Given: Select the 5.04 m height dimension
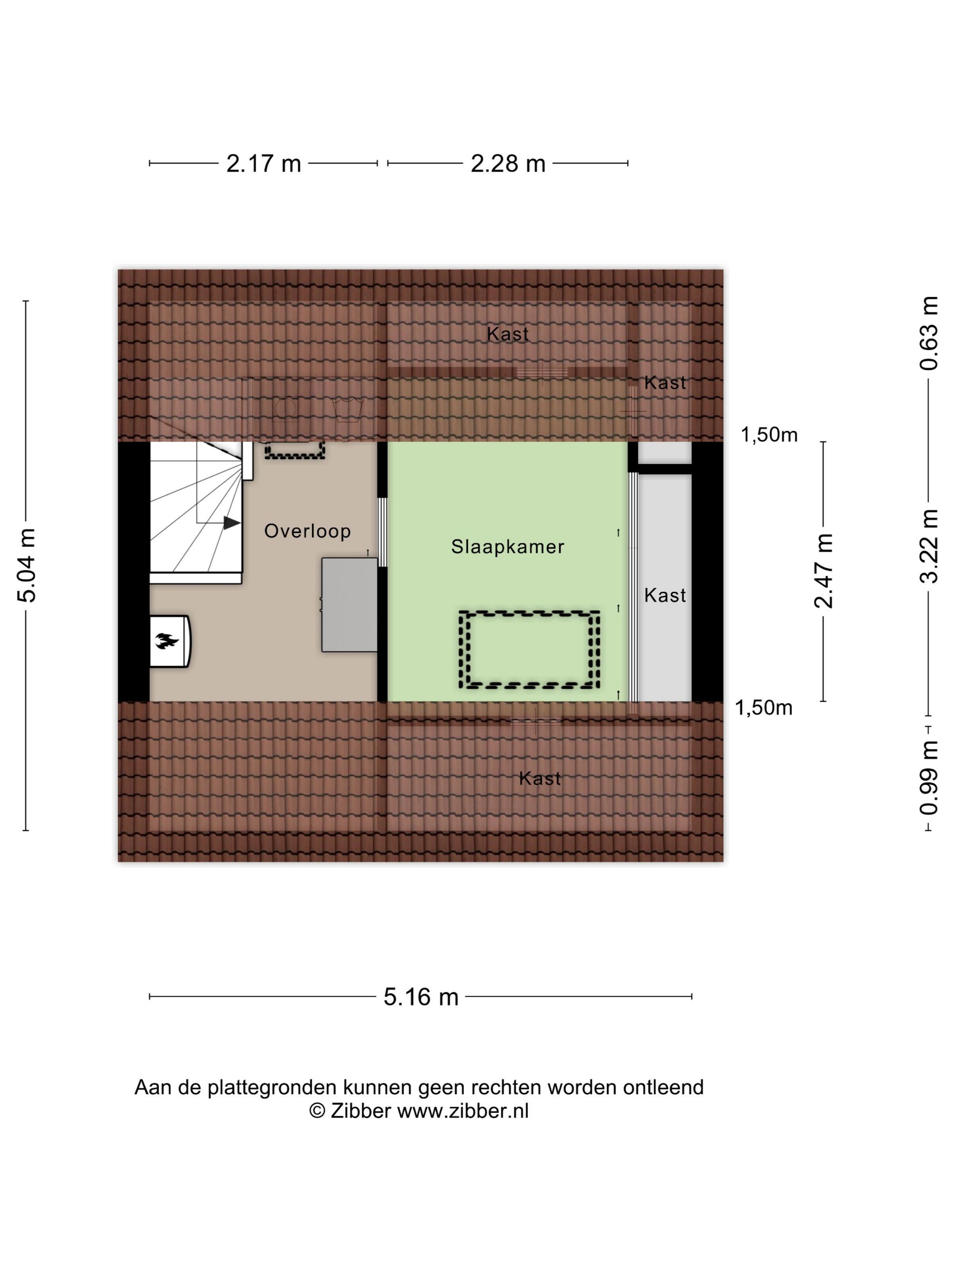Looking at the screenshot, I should point(26,564).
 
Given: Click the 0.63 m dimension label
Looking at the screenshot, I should point(928,333).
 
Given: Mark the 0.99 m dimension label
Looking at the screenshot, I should point(928,777).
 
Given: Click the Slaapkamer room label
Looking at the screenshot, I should point(507,547).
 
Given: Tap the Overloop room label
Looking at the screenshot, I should point(307,531).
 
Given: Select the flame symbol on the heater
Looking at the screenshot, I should point(166,641).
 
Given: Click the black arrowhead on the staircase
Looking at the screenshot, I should point(231,523).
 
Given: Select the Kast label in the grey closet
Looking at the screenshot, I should point(665,595).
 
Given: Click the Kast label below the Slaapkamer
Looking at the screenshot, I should point(539,779).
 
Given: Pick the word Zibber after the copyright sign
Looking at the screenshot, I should point(361,1110).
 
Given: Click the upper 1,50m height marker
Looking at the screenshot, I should point(768,435).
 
